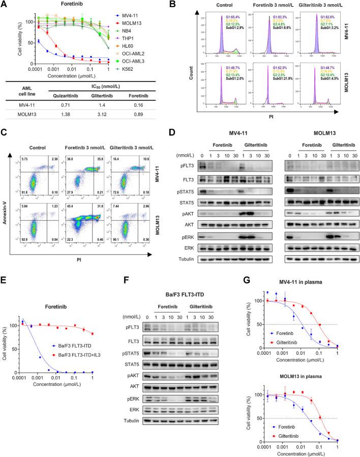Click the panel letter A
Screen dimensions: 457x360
[5, 5]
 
